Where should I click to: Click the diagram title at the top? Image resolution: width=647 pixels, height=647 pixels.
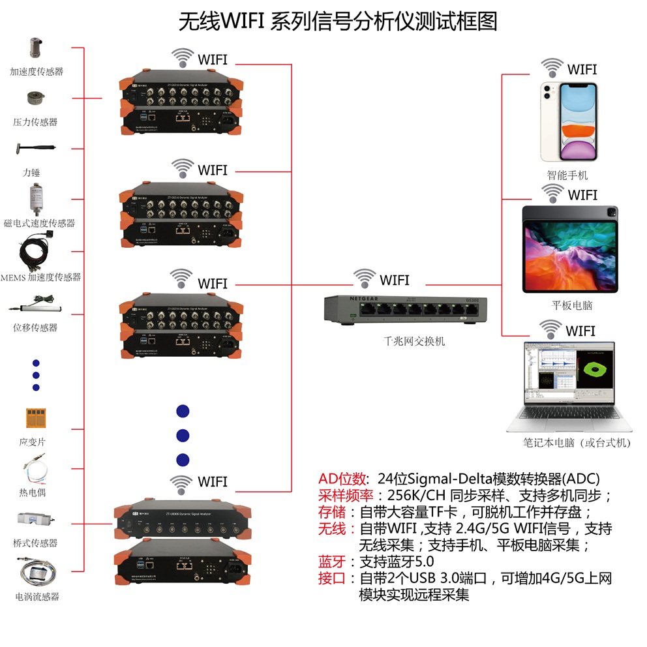338,21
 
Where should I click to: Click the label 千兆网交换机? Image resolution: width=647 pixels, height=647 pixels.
414,340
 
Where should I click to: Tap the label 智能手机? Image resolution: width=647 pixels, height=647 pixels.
567,175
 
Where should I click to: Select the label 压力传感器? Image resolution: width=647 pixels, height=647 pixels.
36,122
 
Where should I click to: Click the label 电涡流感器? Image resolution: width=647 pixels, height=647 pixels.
37,596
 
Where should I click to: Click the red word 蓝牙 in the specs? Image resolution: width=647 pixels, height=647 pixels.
331,562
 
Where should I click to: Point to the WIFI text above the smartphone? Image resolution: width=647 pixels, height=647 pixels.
582,69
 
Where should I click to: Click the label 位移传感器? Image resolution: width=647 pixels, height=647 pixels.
35,327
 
